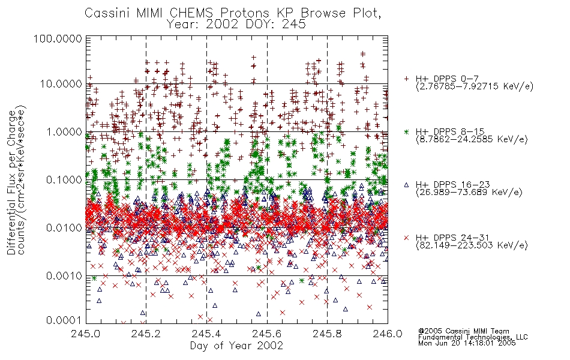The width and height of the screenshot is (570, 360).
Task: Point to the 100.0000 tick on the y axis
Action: pyautogui.click(x=58, y=38)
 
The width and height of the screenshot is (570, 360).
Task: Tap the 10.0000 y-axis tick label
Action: pyautogui.click(x=61, y=84)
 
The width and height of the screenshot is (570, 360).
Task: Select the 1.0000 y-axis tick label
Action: pyautogui.click(x=64, y=131)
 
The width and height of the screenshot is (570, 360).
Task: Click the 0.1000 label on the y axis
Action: pyautogui.click(x=64, y=179)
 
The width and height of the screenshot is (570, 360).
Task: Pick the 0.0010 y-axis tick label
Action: pyautogui.click(x=64, y=275)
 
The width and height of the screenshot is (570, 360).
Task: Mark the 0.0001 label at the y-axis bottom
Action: pyautogui.click(x=64, y=320)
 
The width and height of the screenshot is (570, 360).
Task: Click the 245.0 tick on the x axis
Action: pyautogui.click(x=86, y=334)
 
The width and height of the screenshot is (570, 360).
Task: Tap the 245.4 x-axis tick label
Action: pyautogui.click(x=206, y=334)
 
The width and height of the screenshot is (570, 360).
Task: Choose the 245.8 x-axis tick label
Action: pyautogui.click(x=327, y=334)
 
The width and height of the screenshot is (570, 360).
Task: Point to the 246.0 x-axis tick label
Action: pyautogui.click(x=388, y=334)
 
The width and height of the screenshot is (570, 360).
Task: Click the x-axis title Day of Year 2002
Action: pyautogui.click(x=236, y=346)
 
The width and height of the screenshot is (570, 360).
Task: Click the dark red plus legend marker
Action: pyautogui.click(x=406, y=78)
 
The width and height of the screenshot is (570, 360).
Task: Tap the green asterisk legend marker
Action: pyautogui.click(x=406, y=131)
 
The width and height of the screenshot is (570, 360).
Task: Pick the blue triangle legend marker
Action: pyautogui.click(x=406, y=185)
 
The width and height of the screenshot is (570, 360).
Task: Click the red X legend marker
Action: pyautogui.click(x=406, y=238)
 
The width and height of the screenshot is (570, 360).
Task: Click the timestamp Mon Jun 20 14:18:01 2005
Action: pyautogui.click(x=467, y=343)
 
